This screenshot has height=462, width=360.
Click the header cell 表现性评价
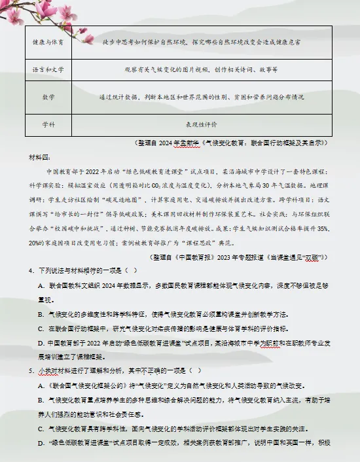tap(202, 124)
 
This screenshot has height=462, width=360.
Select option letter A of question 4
tap(41, 286)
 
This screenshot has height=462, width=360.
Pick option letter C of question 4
tap(41, 328)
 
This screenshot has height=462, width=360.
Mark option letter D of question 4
tap(41, 342)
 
